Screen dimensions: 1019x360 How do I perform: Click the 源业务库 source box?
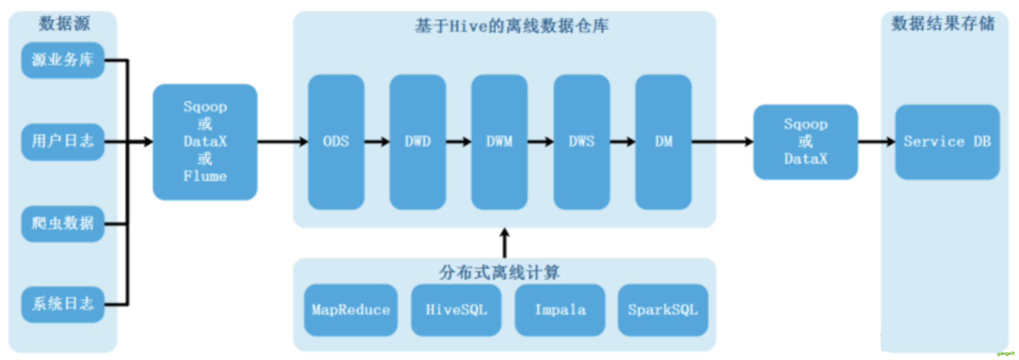[62, 60]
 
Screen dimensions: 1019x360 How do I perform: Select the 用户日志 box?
[62, 142]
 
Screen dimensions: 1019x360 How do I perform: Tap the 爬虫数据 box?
[62, 224]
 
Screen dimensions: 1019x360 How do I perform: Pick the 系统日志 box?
[62, 304]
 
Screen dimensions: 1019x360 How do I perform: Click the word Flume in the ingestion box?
[205, 176]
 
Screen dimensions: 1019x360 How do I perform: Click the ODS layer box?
[336, 142]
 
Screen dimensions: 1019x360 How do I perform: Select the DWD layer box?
[418, 142]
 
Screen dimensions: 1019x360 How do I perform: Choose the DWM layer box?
[499, 142]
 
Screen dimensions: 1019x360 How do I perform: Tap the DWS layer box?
[581, 142]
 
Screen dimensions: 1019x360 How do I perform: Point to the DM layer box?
[663, 142]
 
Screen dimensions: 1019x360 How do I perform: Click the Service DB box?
[947, 142]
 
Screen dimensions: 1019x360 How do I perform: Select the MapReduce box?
[351, 310]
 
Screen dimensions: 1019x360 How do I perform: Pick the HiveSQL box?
[456, 310]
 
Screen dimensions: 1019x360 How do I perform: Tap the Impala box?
[560, 310]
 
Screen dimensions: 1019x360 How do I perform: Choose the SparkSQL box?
[663, 310]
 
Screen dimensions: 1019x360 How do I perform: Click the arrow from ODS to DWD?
[377, 142]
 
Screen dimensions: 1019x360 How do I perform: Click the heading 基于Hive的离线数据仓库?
[512, 26]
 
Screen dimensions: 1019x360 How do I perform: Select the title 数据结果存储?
[943, 24]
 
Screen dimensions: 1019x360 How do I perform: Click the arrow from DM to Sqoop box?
[722, 142]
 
